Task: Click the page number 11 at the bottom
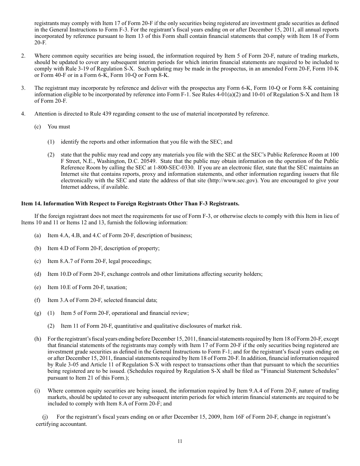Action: point(180,441)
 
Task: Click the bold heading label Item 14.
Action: point(31,203)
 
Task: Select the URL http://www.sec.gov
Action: point(232,180)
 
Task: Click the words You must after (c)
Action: point(59,127)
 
